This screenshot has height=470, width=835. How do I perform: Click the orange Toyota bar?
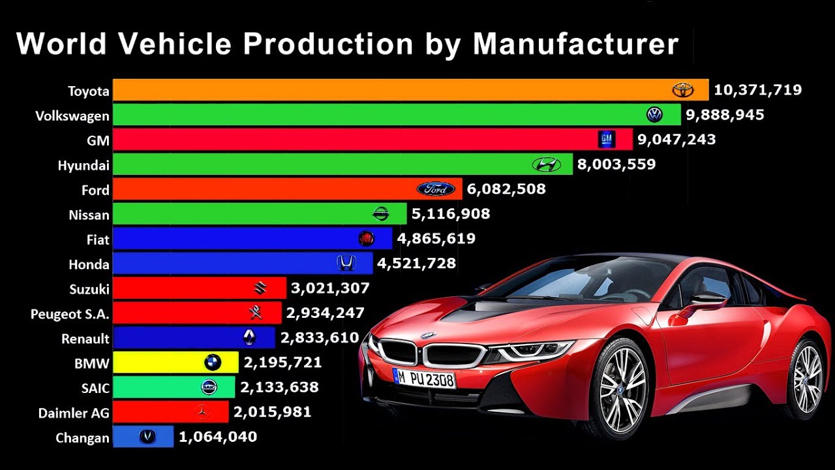click(x=411, y=90)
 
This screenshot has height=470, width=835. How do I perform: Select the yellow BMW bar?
click(x=175, y=362)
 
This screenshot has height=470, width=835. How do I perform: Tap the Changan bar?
click(x=143, y=437)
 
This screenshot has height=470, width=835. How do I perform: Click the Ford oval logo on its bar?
click(x=436, y=189)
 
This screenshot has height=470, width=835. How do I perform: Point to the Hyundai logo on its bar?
click(x=546, y=164)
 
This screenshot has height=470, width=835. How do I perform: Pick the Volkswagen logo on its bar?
click(x=654, y=114)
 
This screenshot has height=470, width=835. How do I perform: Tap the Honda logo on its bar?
click(x=346, y=263)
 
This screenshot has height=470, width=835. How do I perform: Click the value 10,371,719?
click(x=757, y=90)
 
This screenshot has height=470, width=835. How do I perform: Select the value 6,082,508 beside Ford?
click(x=506, y=189)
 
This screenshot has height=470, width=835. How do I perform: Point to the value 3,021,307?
click(x=330, y=288)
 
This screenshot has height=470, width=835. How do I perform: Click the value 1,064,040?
click(x=218, y=437)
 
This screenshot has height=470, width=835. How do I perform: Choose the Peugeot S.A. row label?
click(x=70, y=314)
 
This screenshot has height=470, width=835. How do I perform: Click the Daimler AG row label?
click(x=74, y=413)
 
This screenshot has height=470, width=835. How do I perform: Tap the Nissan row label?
click(x=89, y=215)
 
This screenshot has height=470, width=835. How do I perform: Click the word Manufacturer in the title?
click(x=575, y=44)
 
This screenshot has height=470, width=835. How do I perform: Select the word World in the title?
click(x=61, y=44)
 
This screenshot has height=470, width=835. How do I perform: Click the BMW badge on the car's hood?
click(x=429, y=336)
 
